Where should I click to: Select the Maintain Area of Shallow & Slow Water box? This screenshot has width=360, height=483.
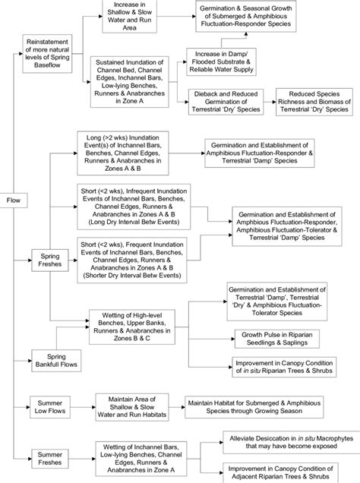(128, 407)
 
